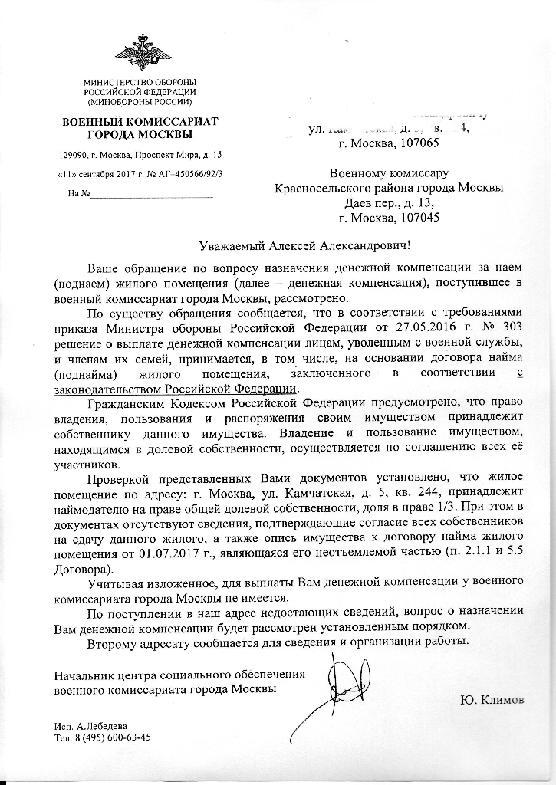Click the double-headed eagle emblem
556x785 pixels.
click(142, 52)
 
